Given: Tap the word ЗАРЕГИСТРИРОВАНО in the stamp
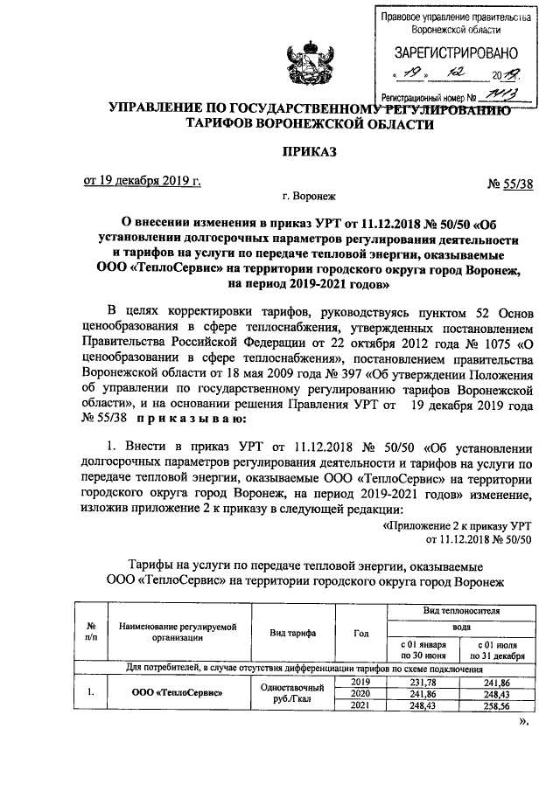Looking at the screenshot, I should tap(455, 52).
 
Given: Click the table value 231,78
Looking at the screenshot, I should tap(424, 683).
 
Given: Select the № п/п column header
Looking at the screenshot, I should tap(91, 633).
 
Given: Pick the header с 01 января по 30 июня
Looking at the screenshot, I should tap(424, 649).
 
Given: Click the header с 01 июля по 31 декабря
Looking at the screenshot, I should tap(496, 649).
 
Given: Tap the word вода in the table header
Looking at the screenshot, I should tap(460, 626).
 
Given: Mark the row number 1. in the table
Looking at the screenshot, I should tap(91, 694).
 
